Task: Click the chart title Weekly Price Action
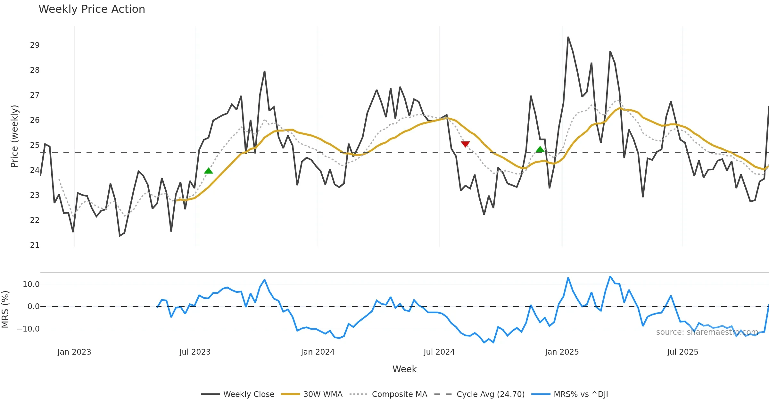(92, 9)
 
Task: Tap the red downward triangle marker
(465, 144)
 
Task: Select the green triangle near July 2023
(208, 171)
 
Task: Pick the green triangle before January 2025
(540, 149)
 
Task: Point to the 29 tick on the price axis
(35, 45)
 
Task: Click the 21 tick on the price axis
(35, 245)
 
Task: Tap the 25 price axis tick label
(35, 145)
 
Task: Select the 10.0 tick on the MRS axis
(31, 284)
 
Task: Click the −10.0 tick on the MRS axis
(28, 329)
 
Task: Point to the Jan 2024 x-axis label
(318, 352)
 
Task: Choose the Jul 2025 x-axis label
(682, 352)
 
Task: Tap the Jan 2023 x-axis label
(74, 352)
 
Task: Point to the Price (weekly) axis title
(14, 136)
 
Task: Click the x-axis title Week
(404, 369)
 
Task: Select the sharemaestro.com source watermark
(707, 332)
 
